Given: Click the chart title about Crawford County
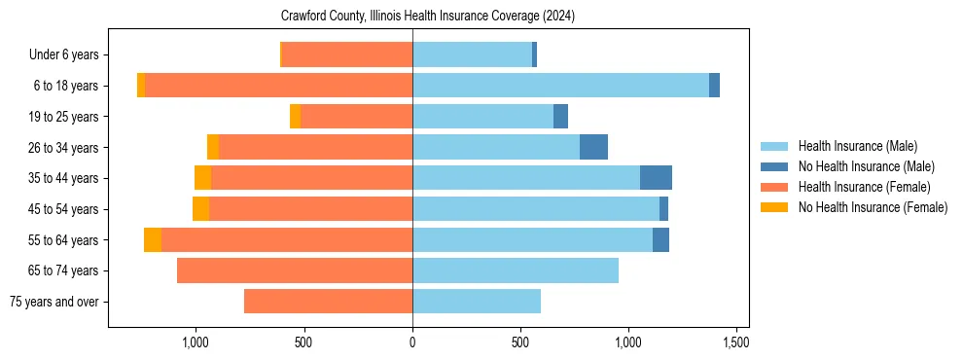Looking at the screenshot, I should [x=428, y=17].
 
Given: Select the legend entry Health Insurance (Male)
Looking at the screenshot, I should [x=857, y=146].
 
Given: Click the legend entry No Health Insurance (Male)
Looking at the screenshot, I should [x=866, y=166].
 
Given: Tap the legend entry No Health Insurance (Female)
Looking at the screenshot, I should [x=873, y=207].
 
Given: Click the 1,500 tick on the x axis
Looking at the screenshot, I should [x=736, y=342].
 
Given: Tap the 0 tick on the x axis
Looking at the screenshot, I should [x=412, y=342].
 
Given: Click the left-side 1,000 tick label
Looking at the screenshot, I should [x=196, y=342].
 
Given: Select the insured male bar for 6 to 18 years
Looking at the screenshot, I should [x=560, y=86].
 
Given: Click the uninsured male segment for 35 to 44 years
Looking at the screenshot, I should [x=656, y=178].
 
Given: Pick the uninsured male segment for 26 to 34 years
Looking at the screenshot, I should [x=593, y=147].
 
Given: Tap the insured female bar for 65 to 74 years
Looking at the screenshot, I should [x=295, y=270].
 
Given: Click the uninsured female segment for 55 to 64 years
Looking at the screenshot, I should [x=153, y=239].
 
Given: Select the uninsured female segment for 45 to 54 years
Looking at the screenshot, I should [x=200, y=209].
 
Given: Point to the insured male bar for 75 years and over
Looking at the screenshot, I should [x=477, y=302].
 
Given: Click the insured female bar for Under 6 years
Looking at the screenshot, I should [x=347, y=55].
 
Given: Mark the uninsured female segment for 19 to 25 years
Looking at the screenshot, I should [x=295, y=117].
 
